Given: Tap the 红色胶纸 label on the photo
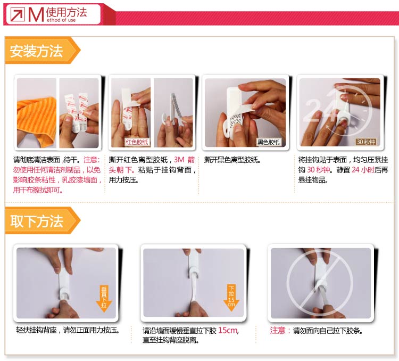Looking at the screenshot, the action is coord(137,142).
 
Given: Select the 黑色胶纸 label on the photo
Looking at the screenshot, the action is coord(269,142).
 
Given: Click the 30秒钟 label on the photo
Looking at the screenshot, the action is coord(365,142).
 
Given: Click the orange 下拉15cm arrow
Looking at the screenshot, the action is coord(231,297).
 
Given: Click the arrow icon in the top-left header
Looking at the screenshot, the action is coord(18,14).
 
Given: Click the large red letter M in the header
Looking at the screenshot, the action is coord(36,14).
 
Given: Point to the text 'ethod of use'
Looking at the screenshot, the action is coord(61,20).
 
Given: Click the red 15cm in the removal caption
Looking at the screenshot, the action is coord(228,331).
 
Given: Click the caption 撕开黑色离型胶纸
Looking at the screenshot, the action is coord(232,160).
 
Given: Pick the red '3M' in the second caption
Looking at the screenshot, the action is coord(179,160).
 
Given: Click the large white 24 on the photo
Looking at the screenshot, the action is coord(320,110).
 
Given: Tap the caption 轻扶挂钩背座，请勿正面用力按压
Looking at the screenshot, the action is coord(68,330).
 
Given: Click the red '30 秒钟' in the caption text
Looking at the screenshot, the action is coord(319,170).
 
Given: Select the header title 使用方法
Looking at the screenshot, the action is coord(66,12).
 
